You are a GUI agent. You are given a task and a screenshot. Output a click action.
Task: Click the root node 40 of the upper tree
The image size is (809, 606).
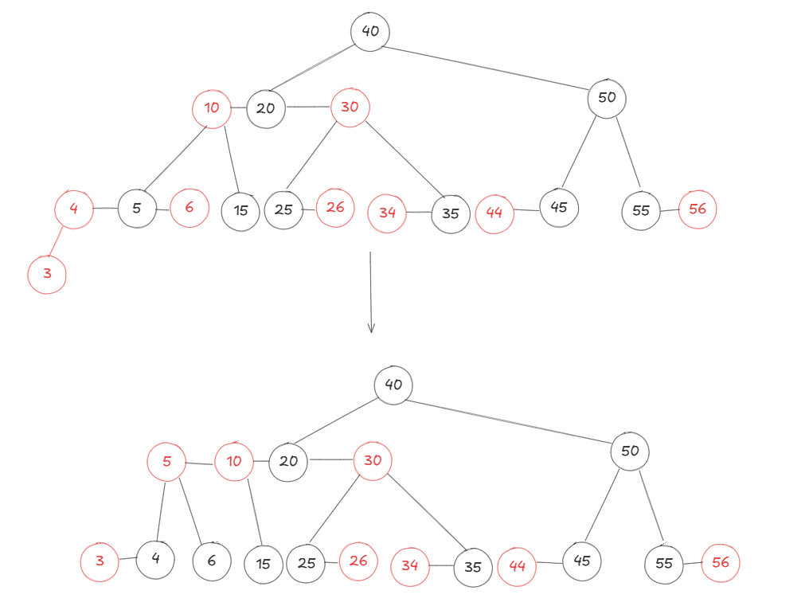point(370,32)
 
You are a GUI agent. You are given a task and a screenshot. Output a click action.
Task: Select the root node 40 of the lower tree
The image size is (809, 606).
point(393,385)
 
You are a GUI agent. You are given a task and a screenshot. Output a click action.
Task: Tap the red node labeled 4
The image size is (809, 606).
point(73,210)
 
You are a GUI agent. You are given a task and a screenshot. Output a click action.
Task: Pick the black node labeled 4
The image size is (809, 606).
point(156,558)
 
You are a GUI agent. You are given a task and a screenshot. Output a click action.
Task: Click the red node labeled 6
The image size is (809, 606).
point(190,208)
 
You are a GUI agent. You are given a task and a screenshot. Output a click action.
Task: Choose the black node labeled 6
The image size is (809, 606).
point(212,561)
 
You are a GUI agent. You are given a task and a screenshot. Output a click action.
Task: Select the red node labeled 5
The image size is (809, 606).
point(166,462)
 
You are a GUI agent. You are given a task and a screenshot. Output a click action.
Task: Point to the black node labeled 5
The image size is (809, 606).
point(137,209)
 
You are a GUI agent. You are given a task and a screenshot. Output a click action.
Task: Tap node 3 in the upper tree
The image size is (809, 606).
point(47,275)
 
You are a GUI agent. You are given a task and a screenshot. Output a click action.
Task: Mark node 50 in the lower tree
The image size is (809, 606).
point(630,452)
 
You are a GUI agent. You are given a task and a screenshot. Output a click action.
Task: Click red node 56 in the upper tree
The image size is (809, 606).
point(698,209)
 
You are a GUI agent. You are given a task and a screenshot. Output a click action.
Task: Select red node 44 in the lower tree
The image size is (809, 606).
point(517,566)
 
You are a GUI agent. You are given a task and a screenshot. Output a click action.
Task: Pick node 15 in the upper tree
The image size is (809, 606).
point(241,212)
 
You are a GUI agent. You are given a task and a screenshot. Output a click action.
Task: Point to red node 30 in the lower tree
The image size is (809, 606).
point(373,461)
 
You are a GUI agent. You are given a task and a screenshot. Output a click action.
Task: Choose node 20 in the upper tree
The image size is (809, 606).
point(266,108)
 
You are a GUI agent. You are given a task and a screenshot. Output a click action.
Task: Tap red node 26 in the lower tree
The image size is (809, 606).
point(358,561)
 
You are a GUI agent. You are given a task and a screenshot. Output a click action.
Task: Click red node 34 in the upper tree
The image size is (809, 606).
point(387,213)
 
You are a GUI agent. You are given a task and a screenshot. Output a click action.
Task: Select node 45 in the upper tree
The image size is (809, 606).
point(559,208)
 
